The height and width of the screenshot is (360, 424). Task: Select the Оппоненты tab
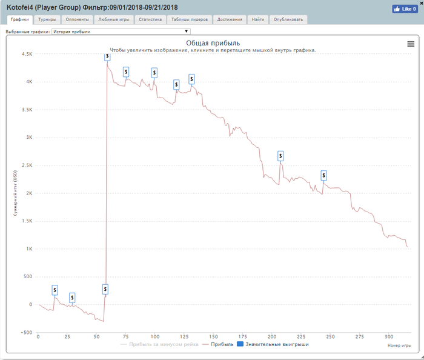point(77,19)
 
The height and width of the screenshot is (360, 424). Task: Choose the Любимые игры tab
point(113,19)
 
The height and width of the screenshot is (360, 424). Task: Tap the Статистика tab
point(150,19)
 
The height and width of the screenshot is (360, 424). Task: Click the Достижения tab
point(230,19)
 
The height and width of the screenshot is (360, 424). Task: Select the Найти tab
point(258,19)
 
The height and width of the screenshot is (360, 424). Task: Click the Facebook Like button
point(405,9)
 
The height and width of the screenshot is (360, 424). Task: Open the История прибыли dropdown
point(121,31)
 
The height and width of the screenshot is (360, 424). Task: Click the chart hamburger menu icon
point(411,44)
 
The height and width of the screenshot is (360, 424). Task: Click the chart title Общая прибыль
point(213,43)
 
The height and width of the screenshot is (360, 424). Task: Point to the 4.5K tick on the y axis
point(26,54)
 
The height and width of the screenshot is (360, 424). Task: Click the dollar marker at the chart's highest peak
point(107,56)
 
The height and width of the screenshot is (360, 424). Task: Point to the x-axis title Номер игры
point(398,345)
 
